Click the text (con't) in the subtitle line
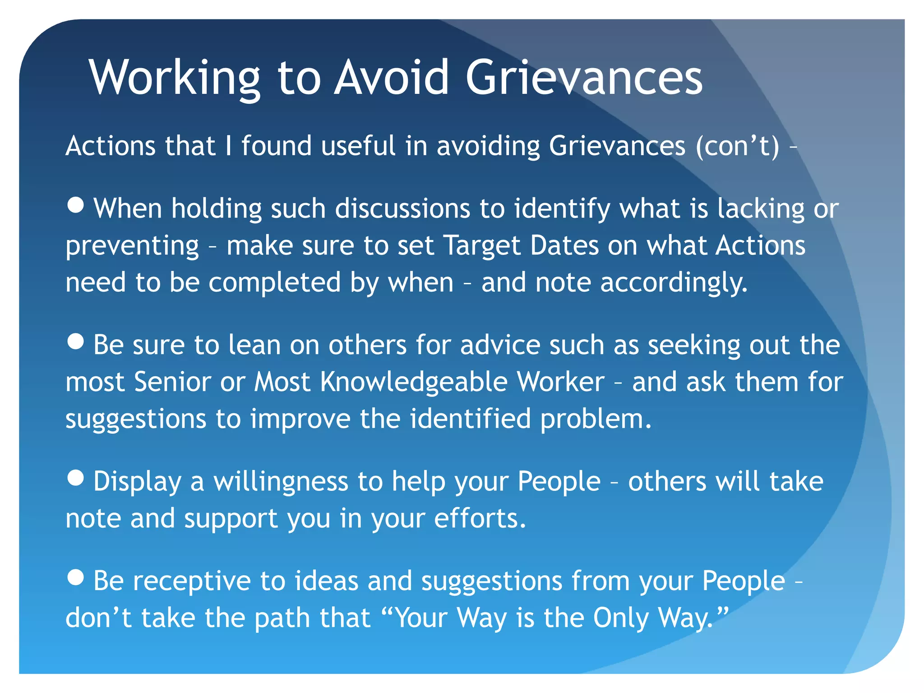[x=737, y=146]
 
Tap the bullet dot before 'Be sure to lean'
[x=75, y=341]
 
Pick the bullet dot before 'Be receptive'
[x=75, y=577]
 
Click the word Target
[x=482, y=246]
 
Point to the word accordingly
[x=674, y=283]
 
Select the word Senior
[x=172, y=382]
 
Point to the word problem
[x=596, y=420]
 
